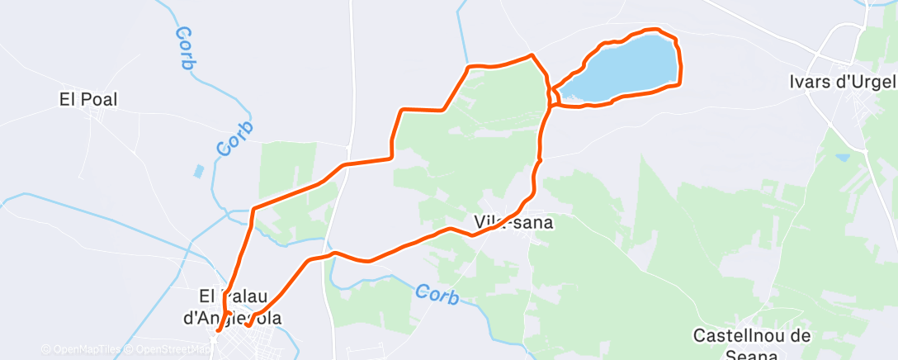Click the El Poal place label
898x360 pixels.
point(88,100)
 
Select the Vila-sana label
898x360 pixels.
point(513,222)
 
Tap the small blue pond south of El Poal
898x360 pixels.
point(198,172)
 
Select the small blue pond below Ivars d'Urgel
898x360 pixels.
point(842,156)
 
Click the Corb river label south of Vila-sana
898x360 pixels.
point(437,294)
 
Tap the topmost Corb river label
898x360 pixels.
point(185,47)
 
